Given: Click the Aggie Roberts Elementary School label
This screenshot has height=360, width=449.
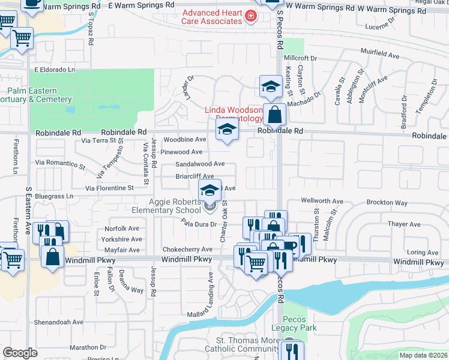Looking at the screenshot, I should [167, 206].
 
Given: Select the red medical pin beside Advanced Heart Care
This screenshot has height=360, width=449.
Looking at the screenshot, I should [252, 16].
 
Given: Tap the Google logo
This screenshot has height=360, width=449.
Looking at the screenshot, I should [20, 352].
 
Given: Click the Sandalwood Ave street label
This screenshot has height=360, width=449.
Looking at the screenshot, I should [200, 164].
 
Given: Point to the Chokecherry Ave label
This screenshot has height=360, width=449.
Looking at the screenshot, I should [187, 249].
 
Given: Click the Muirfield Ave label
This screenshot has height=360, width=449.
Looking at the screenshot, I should [379, 55].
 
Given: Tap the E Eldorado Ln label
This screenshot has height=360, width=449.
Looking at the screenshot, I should [55, 70].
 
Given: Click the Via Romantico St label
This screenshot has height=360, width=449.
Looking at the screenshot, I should [60, 163].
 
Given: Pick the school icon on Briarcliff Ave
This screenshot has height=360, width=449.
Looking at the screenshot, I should [209, 190].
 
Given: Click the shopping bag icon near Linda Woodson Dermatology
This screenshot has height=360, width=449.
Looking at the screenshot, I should [274, 114].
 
